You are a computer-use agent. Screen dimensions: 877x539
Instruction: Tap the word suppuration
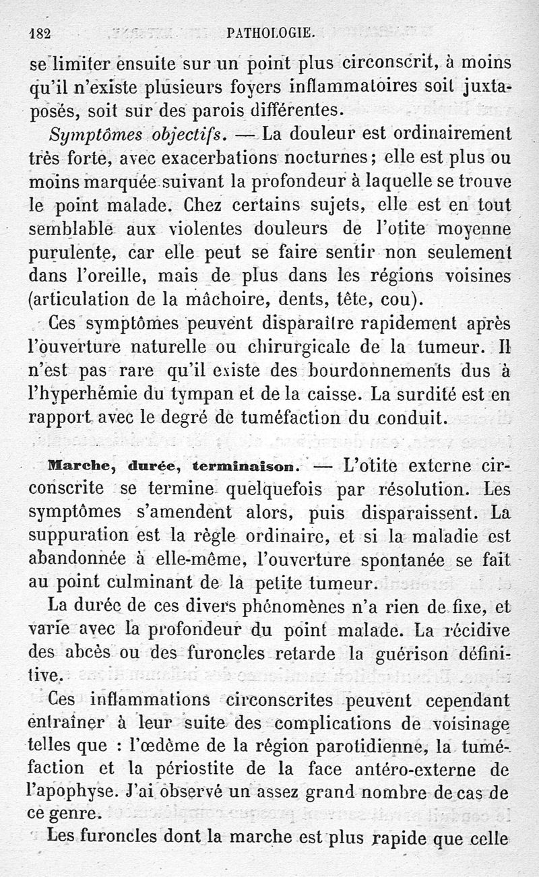click(82, 536)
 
